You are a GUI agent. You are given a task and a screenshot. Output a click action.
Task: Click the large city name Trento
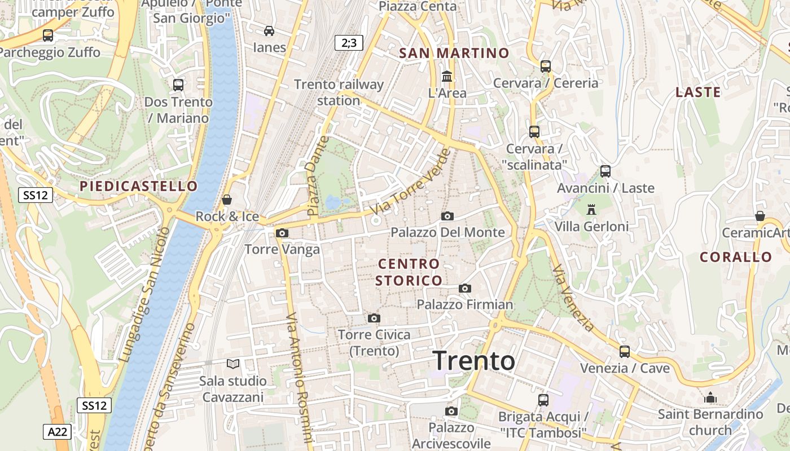[474, 361]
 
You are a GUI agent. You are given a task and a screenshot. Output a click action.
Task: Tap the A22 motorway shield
[58, 432]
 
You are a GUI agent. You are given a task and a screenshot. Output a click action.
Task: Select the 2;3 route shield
[349, 42]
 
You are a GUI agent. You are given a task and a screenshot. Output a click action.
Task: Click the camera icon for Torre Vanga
[282, 233]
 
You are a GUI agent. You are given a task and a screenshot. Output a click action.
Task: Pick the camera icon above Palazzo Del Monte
[447, 216]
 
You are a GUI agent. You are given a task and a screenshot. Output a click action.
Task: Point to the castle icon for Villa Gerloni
[591, 210]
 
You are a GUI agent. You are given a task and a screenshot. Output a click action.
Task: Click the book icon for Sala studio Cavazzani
[233, 364]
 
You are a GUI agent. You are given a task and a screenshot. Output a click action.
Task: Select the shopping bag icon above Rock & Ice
[227, 200]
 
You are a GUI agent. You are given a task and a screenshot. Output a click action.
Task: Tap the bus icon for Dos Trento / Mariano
[178, 85]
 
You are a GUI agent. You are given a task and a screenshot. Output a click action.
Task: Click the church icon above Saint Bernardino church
[710, 398]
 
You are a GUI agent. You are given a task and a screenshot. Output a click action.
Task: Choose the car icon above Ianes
[269, 30]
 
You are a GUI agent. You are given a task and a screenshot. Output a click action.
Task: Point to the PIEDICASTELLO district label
[139, 186]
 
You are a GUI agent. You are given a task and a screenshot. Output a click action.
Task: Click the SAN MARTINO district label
[454, 53]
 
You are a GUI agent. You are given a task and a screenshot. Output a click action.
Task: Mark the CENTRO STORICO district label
[409, 272]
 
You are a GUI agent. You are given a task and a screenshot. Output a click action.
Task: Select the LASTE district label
[698, 92]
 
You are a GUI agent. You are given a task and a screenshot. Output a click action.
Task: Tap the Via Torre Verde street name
[411, 182]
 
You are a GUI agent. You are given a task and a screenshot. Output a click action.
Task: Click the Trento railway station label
[339, 92]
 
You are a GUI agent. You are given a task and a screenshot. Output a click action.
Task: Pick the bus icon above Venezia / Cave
[625, 351]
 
